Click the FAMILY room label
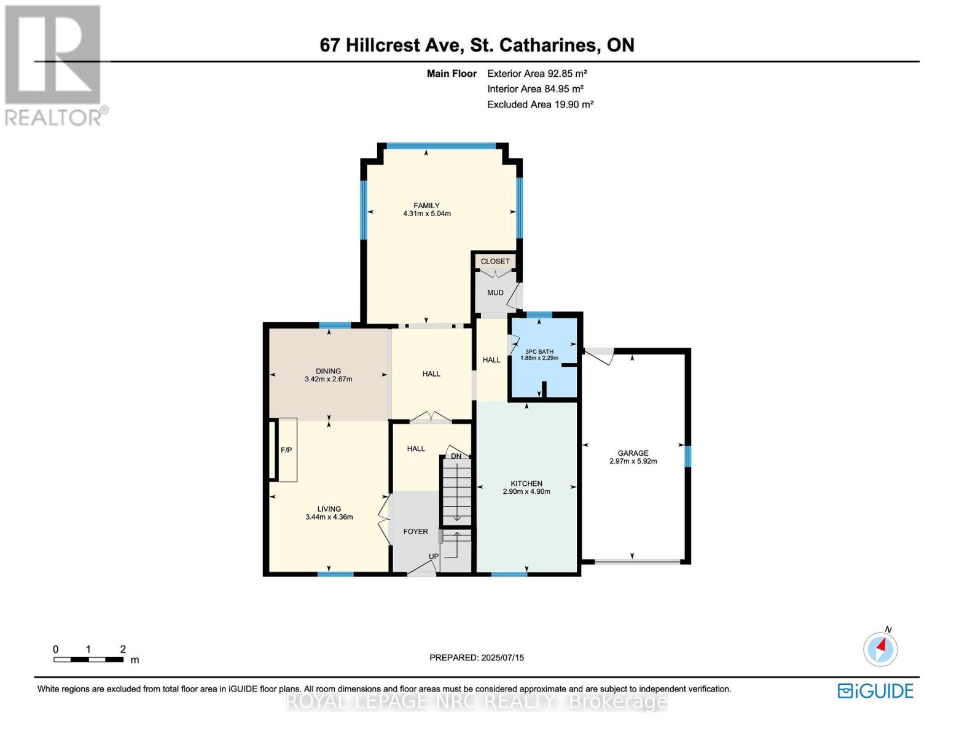click(426, 206)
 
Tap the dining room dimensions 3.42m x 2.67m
click(328, 380)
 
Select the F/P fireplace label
click(286, 450)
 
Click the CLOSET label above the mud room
click(495, 261)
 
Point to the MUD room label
click(495, 292)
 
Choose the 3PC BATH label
click(539, 352)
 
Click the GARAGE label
click(633, 453)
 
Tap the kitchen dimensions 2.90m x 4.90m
click(526, 491)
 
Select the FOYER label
click(415, 531)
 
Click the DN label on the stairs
click(456, 456)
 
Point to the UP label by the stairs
click(434, 556)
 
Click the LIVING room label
click(329, 509)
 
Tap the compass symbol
click(880, 649)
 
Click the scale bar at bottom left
click(88, 660)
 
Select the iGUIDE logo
click(875, 691)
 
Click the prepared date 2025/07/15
click(502, 657)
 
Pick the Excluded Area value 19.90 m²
click(571, 104)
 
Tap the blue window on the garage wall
click(688, 456)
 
